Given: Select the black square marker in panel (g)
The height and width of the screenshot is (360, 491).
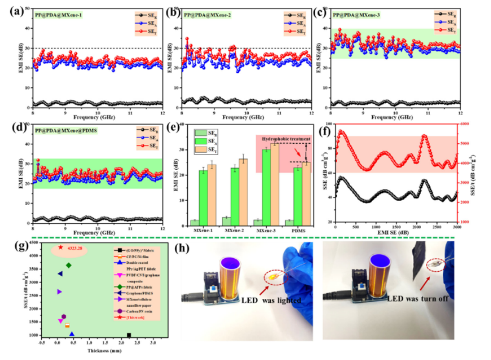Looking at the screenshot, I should point(129,336).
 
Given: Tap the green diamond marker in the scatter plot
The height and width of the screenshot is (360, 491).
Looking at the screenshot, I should point(68,265).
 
